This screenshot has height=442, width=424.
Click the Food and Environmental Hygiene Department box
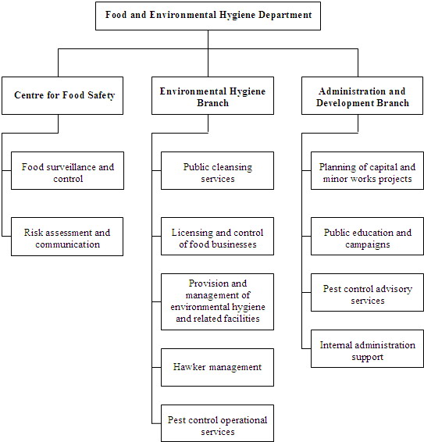pyautogui.click(x=208, y=16)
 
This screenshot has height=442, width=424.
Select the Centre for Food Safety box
pyautogui.click(x=64, y=96)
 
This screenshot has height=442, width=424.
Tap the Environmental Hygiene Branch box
pyautogui.click(x=212, y=96)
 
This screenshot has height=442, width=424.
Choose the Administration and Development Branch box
pyautogui.click(x=362, y=96)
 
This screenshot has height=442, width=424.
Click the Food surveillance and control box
pyautogui.click(x=67, y=173)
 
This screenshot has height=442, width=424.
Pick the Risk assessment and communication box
pyautogui.click(x=67, y=238)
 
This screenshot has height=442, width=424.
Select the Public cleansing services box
pyautogui.click(x=217, y=173)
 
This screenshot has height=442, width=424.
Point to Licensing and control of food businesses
pyautogui.click(x=217, y=238)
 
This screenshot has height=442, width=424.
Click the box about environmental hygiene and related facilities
pyautogui.click(x=217, y=301)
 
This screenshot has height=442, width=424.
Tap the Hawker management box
pyautogui.click(x=217, y=367)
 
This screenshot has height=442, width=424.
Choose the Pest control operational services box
pyautogui.click(x=217, y=426)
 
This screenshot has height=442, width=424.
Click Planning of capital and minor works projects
pyautogui.click(x=367, y=173)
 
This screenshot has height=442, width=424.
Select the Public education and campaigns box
pyautogui.click(x=367, y=238)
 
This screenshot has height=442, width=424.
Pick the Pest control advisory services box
pyautogui.click(x=367, y=294)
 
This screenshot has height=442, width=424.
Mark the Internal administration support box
pyautogui.click(x=367, y=351)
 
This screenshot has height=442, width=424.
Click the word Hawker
pyautogui.click(x=191, y=367)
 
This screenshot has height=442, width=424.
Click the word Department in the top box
pyautogui.click(x=283, y=16)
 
